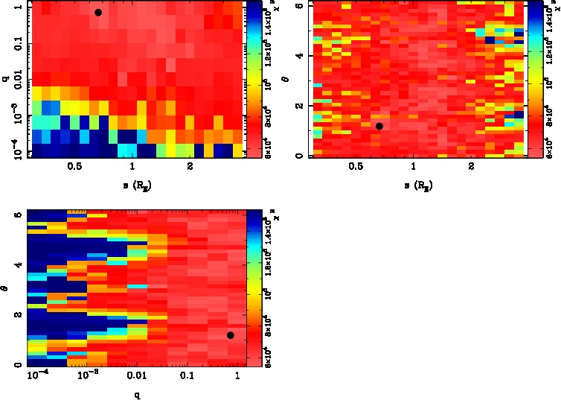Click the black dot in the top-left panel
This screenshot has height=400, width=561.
[98, 13]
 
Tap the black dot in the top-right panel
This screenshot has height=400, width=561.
[379, 126]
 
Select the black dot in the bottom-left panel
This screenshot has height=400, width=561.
[231, 335]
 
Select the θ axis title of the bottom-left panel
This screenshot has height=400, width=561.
[7, 288]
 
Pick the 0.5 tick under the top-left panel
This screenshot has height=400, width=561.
[74, 168]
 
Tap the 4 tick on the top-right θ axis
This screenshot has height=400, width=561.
[298, 56]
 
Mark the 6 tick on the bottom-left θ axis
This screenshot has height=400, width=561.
[18, 215]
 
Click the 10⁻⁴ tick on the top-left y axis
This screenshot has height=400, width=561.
[13, 151]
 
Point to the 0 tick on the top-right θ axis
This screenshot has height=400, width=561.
[298, 156]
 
